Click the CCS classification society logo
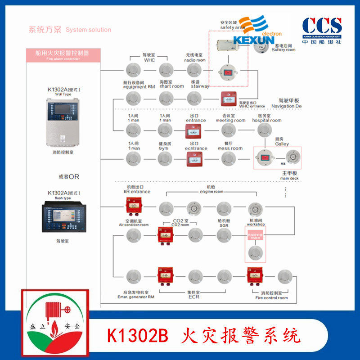[x=322, y=30]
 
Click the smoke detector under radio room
[x=194, y=70]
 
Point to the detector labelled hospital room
[x=265, y=130]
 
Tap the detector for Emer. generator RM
[x=134, y=276]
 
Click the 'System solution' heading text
[x=88, y=30]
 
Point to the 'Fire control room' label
[x=272, y=298]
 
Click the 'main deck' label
[x=290, y=179]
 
